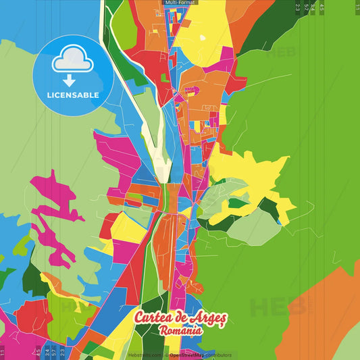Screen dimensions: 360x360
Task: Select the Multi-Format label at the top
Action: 180,3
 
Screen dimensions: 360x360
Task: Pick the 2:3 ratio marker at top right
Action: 297,7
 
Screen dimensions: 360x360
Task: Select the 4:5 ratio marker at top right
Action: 322,7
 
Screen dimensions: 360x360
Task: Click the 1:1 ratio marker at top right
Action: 357,7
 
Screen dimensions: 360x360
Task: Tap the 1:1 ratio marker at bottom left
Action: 3,352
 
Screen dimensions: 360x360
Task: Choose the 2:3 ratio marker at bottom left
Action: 62,352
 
